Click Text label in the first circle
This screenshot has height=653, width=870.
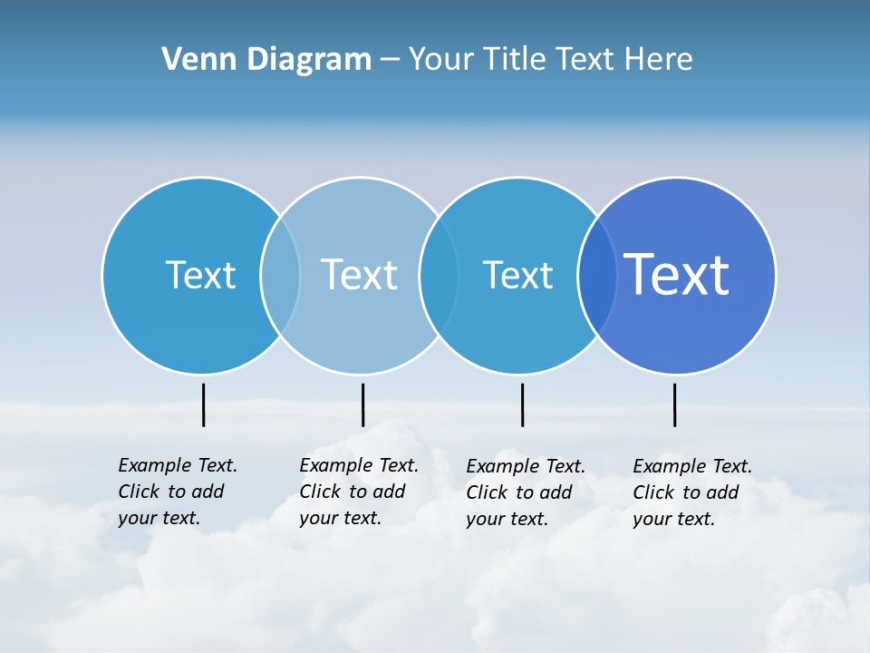click(200, 275)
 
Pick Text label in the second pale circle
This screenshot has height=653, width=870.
click(360, 275)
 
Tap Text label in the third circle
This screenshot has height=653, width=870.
click(517, 275)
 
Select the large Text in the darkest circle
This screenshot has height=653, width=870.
click(677, 275)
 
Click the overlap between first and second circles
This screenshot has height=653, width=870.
click(280, 275)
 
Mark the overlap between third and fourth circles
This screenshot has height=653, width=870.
click(597, 275)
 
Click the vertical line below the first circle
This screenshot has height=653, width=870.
click(204, 404)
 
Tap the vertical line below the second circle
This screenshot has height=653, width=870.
click(362, 404)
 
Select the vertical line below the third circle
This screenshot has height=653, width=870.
click(522, 404)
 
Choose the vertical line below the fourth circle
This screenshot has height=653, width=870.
click(674, 404)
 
